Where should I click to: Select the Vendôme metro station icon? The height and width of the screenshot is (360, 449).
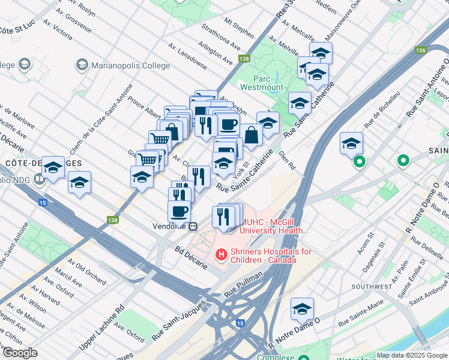(x=193, y=227)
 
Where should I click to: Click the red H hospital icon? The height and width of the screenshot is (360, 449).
(x=221, y=256)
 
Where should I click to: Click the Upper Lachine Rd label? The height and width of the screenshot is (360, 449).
(x=103, y=326)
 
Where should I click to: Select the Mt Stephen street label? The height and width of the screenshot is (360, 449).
(x=239, y=29)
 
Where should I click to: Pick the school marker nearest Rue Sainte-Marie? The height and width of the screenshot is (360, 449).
(x=303, y=310)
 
